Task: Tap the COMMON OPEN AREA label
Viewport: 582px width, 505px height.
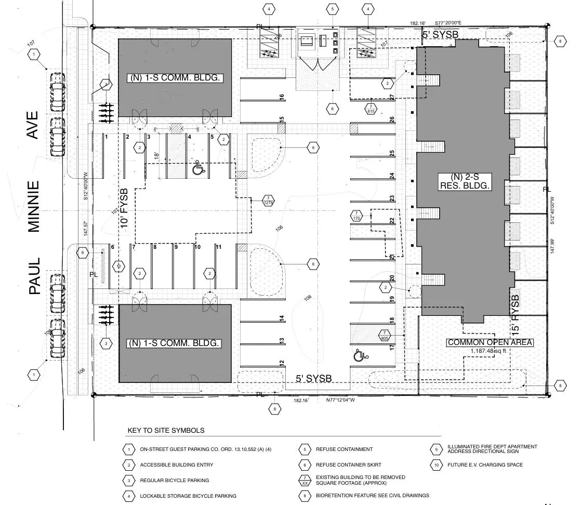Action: point(490,342)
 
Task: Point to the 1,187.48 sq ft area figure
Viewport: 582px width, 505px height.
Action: point(487,351)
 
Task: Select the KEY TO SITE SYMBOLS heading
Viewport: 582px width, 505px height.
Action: point(166,430)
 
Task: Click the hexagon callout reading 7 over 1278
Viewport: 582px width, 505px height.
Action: point(269,201)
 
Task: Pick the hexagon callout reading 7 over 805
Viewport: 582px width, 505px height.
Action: point(385,335)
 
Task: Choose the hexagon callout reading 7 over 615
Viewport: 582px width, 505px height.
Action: point(371,109)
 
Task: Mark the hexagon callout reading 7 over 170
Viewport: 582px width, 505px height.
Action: point(356,216)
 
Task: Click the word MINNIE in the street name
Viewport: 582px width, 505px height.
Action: point(34,206)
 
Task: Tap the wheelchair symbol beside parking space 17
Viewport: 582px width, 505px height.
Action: point(359,356)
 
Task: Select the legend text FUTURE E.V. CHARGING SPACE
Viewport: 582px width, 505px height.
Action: point(485,464)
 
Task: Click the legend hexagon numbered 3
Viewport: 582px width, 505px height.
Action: point(128,481)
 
